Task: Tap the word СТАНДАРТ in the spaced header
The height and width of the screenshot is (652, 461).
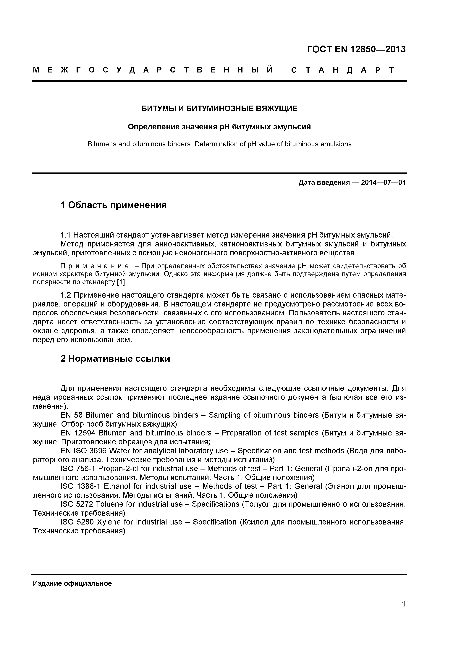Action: click(x=343, y=70)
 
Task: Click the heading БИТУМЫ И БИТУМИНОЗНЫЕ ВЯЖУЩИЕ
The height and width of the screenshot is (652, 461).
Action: click(x=219, y=109)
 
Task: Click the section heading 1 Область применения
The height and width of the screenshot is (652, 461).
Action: click(x=113, y=205)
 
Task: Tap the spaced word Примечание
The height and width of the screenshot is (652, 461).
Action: click(x=95, y=266)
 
